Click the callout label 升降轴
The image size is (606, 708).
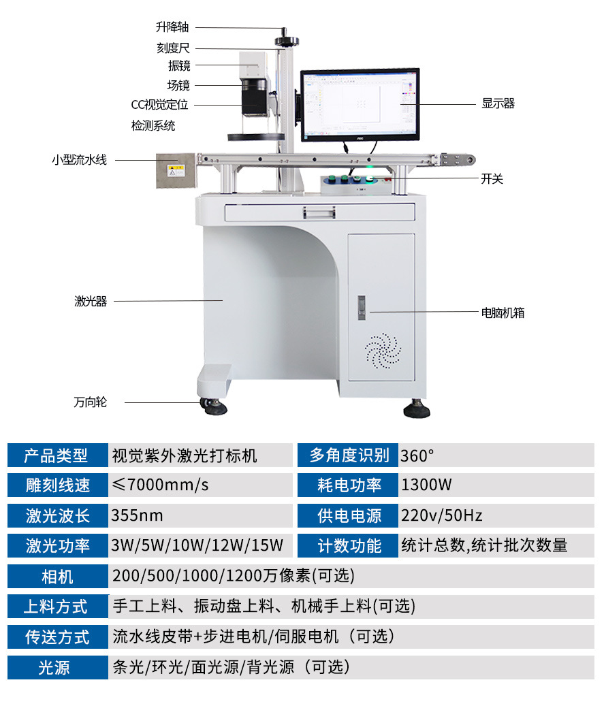(172, 27)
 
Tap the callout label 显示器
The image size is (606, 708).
(498, 103)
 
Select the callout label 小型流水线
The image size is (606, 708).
(79, 160)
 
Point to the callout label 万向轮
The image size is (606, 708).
(91, 402)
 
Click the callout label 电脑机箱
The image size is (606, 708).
(503, 312)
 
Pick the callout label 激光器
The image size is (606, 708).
(91, 301)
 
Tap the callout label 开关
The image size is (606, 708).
(492, 179)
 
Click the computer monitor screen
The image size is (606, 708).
(360, 104)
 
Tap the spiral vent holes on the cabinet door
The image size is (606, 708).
(383, 351)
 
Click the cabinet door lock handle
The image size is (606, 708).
(362, 308)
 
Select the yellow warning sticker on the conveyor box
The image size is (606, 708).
(176, 171)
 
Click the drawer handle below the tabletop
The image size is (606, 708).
(319, 212)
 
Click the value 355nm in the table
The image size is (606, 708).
(138, 515)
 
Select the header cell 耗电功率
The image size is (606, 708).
(348, 485)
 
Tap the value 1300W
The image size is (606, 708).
(426, 485)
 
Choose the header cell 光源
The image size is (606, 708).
(58, 667)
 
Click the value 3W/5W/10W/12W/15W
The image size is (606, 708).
(197, 545)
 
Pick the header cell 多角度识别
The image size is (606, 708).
(348, 455)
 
